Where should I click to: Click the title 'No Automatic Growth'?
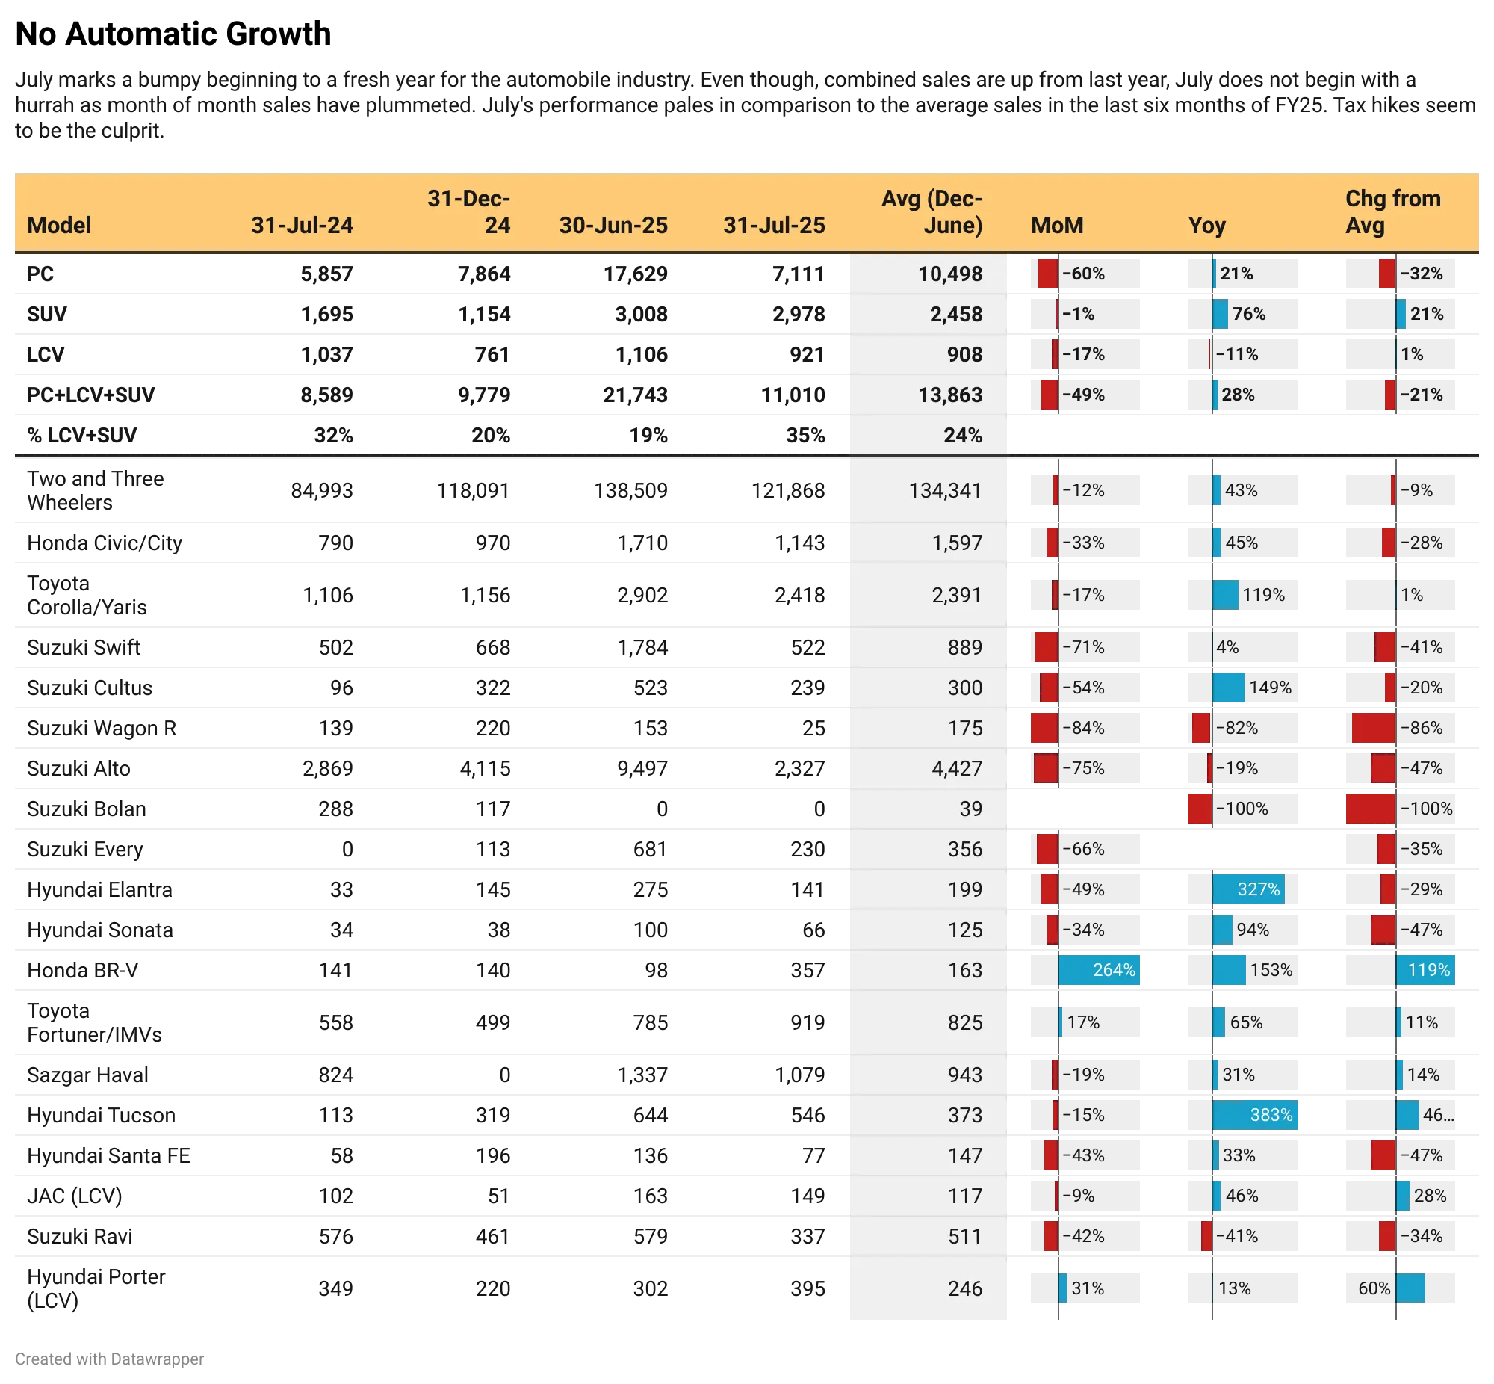pyautogui.click(x=173, y=34)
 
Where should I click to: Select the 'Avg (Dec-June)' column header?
pyautogui.click(x=931, y=212)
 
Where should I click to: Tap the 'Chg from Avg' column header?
pyautogui.click(x=1392, y=212)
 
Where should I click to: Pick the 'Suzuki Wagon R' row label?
pyautogui.click(x=102, y=728)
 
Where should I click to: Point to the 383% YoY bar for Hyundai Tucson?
pyautogui.click(x=1254, y=1115)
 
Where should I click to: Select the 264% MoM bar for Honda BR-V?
pyautogui.click(x=1099, y=970)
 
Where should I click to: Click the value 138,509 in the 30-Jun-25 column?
pyautogui.click(x=630, y=490)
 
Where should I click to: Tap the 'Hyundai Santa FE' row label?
pyautogui.click(x=108, y=1155)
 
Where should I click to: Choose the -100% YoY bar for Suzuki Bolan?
pyautogui.click(x=1200, y=809)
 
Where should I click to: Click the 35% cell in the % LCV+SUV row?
pyautogui.click(x=805, y=435)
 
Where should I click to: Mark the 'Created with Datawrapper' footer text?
pyautogui.click(x=109, y=1359)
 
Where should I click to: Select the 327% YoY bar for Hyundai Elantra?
pyautogui.click(x=1247, y=889)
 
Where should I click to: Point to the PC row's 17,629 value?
pyautogui.click(x=636, y=274)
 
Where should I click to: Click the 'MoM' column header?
pyautogui.click(x=1057, y=226)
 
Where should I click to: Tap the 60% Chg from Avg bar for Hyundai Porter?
pyautogui.click(x=1410, y=1288)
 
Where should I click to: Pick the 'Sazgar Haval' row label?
pyautogui.click(x=87, y=1075)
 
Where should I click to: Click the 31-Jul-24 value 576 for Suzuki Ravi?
pyautogui.click(x=335, y=1237)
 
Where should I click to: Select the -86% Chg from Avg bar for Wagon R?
pyautogui.click(x=1374, y=728)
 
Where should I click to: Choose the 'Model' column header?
pyautogui.click(x=59, y=226)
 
